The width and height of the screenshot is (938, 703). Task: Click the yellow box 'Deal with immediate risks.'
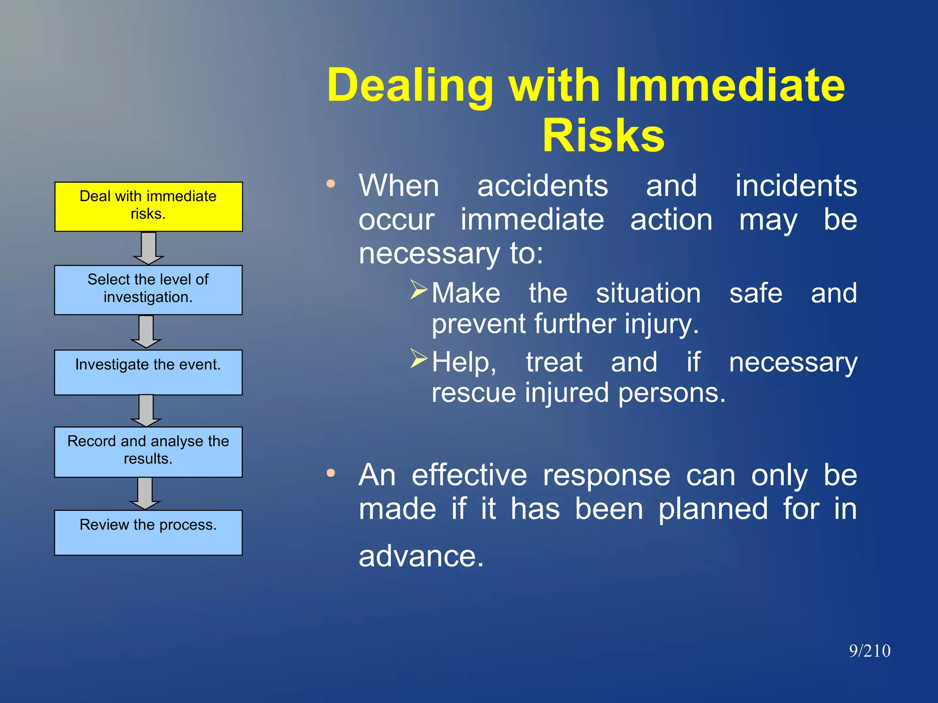click(x=148, y=206)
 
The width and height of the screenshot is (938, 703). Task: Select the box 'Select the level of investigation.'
click(x=148, y=290)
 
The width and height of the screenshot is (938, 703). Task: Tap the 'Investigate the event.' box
click(x=148, y=372)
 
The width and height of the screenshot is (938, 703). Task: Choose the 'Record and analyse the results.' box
click(x=148, y=452)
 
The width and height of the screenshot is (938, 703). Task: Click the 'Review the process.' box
click(x=148, y=532)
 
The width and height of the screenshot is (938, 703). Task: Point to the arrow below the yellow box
click(x=148, y=248)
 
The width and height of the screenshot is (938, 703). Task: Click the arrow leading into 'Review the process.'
click(x=145, y=493)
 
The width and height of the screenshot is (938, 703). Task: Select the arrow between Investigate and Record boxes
click(x=146, y=411)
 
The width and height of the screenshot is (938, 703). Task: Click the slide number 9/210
click(x=869, y=651)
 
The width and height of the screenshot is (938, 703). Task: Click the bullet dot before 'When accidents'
click(x=331, y=184)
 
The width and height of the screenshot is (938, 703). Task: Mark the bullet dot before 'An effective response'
click(x=331, y=473)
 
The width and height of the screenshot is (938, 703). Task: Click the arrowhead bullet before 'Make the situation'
click(x=419, y=290)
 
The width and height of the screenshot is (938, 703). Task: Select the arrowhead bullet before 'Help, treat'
click(x=419, y=358)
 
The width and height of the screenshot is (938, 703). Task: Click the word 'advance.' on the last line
click(x=421, y=556)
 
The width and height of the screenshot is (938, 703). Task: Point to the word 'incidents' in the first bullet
click(x=796, y=186)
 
